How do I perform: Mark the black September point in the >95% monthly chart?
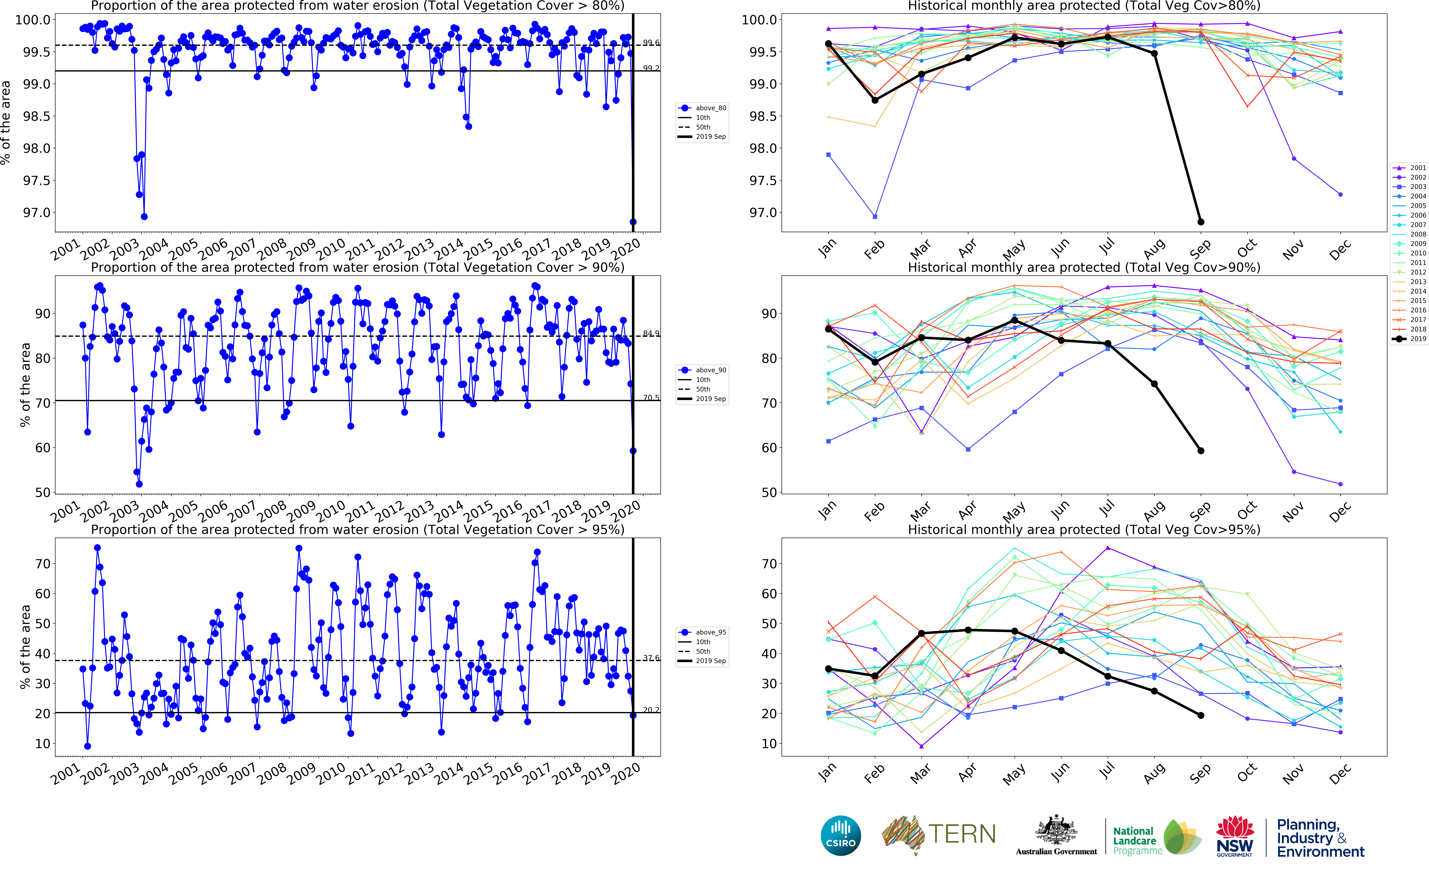click(x=1200, y=715)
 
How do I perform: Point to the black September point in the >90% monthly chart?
click(x=1200, y=450)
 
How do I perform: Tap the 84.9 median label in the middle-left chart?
click(x=651, y=333)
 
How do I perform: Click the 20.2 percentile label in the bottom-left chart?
click(x=651, y=709)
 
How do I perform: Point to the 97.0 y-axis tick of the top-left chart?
click(x=36, y=213)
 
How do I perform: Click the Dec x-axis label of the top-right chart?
click(x=1340, y=250)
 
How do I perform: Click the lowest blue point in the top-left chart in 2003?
click(x=144, y=217)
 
